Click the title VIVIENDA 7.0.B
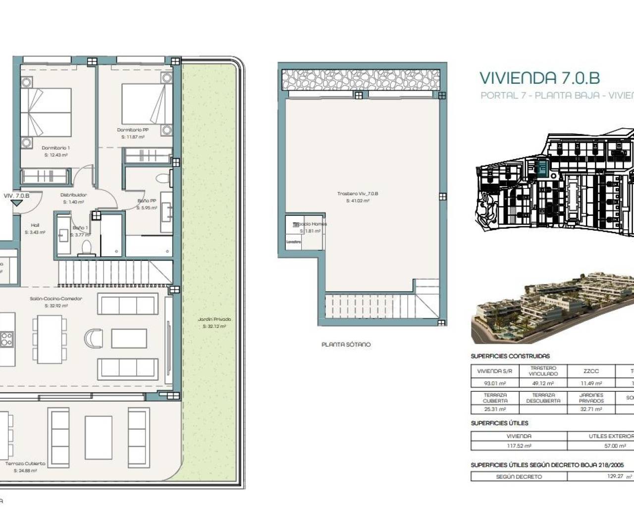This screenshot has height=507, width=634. [539, 78]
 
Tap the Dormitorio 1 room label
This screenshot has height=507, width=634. [55, 148]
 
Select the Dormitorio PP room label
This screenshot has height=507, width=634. [132, 130]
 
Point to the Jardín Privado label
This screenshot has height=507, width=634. [214, 319]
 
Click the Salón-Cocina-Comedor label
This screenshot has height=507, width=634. [56, 299]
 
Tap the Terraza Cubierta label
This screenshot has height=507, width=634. [25, 464]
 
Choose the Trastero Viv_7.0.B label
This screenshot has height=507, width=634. [357, 194]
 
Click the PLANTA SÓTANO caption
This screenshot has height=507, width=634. [346, 345]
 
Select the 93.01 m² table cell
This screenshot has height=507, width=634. [494, 383]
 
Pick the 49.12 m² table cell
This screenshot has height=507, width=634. [543, 383]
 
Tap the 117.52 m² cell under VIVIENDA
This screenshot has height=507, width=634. [519, 446]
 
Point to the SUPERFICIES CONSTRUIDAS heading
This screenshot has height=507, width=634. [510, 356]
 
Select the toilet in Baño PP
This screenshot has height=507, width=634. [162, 178]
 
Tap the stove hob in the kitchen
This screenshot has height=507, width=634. [6, 339]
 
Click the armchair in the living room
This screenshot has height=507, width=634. [93, 339]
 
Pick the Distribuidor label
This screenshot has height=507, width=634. [73, 195]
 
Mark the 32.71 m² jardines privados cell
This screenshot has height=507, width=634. [591, 409]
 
